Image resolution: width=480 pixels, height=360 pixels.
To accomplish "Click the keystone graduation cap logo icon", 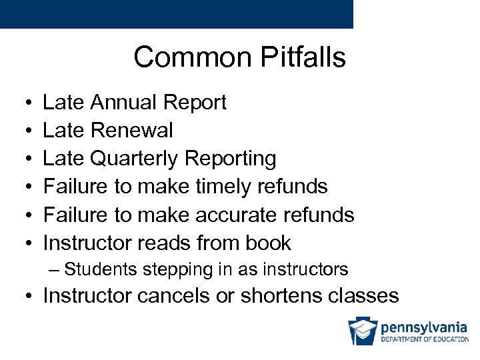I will [x=362, y=331].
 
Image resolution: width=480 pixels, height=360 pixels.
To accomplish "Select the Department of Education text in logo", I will [x=424, y=339].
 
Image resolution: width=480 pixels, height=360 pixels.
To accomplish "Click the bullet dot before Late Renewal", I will [x=23, y=131].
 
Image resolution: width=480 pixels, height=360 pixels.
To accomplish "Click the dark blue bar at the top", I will [x=176, y=14].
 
